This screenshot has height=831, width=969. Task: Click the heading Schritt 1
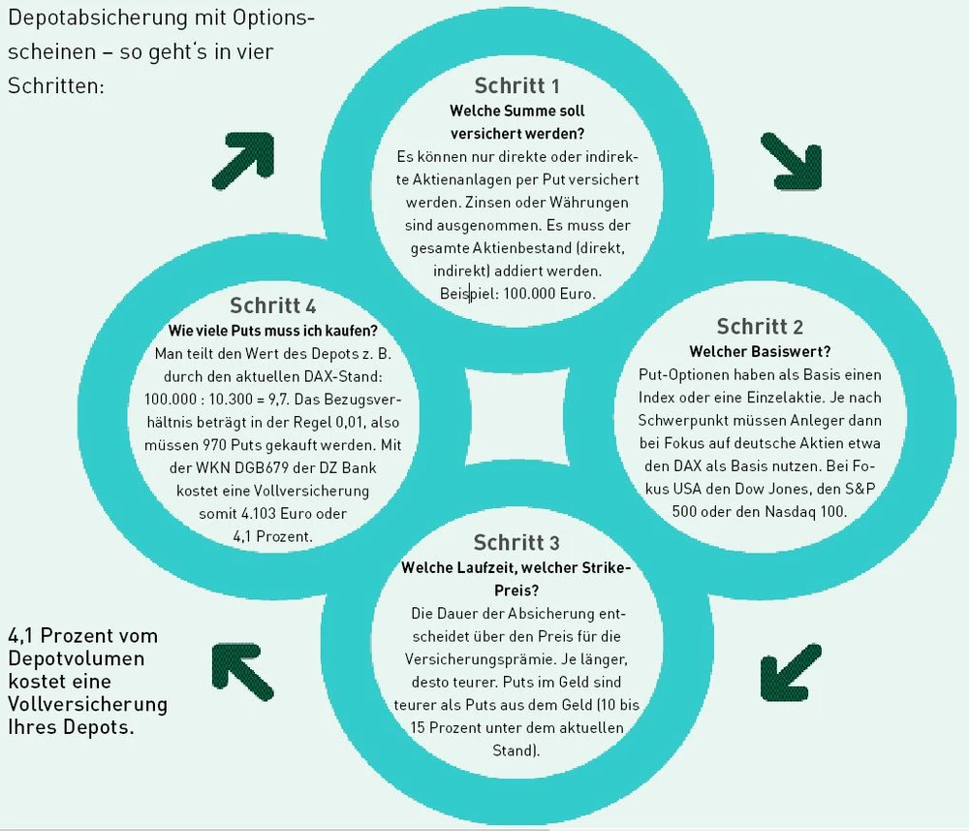[517, 85]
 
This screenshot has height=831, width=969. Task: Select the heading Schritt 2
[760, 327]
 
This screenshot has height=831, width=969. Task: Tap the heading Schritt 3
[516, 542]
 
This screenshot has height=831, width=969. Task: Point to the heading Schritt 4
[273, 306]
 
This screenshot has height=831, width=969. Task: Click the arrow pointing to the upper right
[242, 158]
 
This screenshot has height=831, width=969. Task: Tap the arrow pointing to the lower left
[791, 674]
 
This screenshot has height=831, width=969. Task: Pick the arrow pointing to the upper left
[241, 673]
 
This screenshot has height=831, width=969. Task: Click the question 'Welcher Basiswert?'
[760, 351]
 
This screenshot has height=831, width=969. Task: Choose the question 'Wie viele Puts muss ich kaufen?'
[273, 331]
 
